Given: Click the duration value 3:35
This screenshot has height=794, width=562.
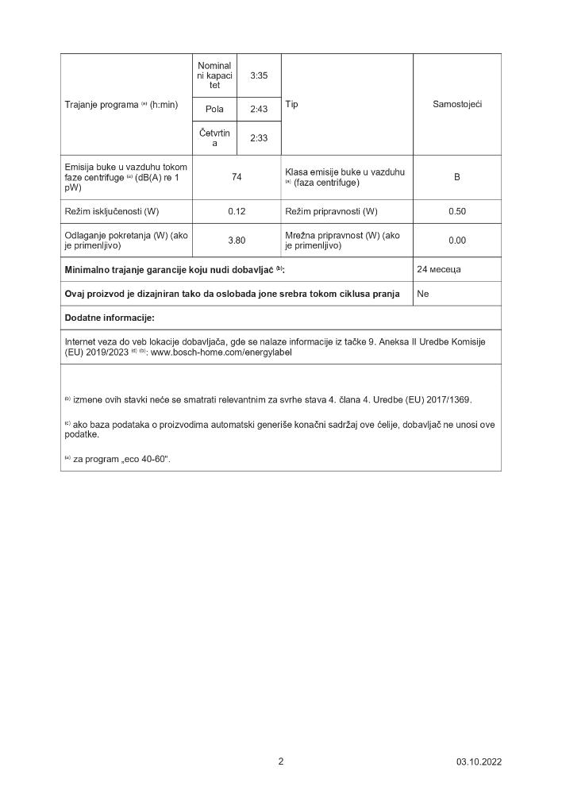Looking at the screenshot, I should pyautogui.click(x=259, y=75).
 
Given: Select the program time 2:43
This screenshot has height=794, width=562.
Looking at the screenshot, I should pyautogui.click(x=259, y=109).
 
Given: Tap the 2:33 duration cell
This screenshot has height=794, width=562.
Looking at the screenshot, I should pyautogui.click(x=259, y=138).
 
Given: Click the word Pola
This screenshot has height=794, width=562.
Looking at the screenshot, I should pyautogui.click(x=214, y=109).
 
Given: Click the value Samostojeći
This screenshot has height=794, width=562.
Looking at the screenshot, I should pyautogui.click(x=457, y=104).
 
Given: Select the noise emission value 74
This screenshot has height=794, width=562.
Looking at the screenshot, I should pyautogui.click(x=237, y=177).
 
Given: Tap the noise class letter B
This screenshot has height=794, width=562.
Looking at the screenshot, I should pyautogui.click(x=457, y=177).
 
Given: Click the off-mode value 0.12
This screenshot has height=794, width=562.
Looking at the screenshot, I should pyautogui.click(x=237, y=211).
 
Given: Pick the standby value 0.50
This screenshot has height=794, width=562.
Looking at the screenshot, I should pyautogui.click(x=457, y=211).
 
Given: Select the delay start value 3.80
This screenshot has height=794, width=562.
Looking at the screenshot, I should pyautogui.click(x=237, y=240).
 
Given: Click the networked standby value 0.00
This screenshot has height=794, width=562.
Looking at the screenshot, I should pyautogui.click(x=457, y=240).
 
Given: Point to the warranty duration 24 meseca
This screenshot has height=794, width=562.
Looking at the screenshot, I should pyautogui.click(x=439, y=269).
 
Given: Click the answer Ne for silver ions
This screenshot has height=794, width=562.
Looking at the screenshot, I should pyautogui.click(x=423, y=294).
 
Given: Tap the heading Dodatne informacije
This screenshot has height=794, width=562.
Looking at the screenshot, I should pyautogui.click(x=110, y=318).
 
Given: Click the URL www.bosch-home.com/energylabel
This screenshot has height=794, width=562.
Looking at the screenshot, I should pyautogui.click(x=221, y=352).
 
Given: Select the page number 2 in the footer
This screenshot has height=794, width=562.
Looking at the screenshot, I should pyautogui.click(x=280, y=761).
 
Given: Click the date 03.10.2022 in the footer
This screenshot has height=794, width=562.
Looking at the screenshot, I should pyautogui.click(x=479, y=762).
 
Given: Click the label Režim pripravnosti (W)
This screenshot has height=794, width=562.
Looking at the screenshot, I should pyautogui.click(x=331, y=211).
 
